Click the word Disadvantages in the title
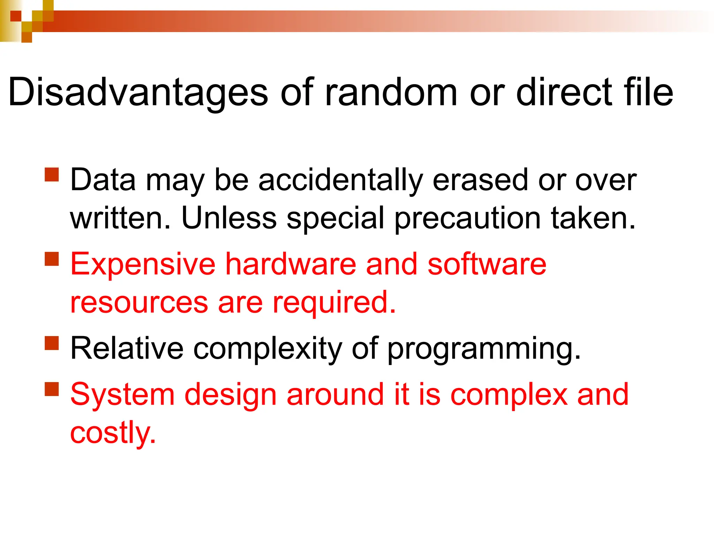click(138, 92)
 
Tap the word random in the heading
click(390, 92)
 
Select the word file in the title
click(648, 92)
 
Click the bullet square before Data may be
click(52, 174)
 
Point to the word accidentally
click(340, 180)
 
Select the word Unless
click(229, 218)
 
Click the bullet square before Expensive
click(52, 259)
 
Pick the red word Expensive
click(143, 265)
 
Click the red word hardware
click(291, 264)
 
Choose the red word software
click(487, 264)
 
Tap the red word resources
click(139, 303)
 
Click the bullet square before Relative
click(52, 343)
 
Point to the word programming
click(484, 349)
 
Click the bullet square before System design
click(52, 389)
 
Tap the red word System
click(122, 395)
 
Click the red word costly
click(113, 433)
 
